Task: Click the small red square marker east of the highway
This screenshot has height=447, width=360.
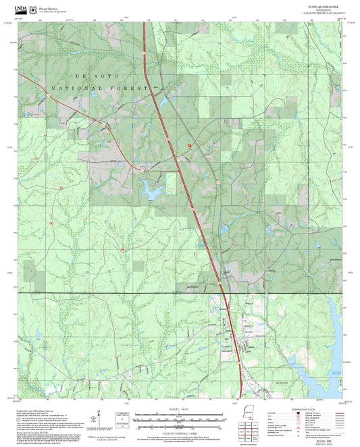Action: point(190,144)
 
